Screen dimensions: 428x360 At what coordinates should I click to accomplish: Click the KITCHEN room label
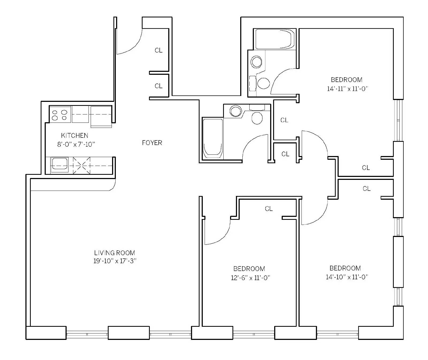pos(75,135)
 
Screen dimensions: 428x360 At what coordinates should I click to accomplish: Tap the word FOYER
pos(152,143)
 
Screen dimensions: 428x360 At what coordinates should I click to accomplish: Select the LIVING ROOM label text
pos(114,253)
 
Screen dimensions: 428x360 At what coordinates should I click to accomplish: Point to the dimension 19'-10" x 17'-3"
pos(115,261)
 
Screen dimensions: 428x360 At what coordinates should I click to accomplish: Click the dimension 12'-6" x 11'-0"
pos(251,278)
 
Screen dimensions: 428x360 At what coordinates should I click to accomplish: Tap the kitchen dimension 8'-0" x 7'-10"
pos(76,144)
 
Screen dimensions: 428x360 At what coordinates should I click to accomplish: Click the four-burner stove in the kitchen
pos(60,115)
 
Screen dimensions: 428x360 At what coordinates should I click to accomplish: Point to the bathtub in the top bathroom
pos(275,39)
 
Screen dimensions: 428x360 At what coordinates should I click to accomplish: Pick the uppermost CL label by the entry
pos(159,50)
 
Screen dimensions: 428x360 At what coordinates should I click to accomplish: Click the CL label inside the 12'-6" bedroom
pos(269,209)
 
